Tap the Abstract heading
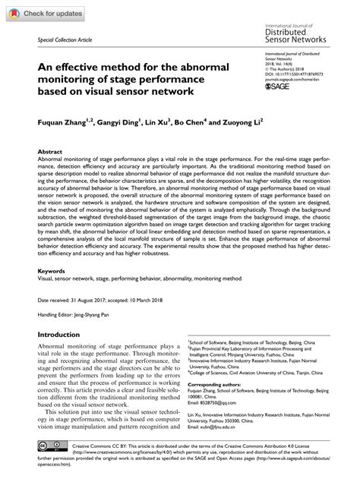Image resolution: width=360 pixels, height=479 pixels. (x=52, y=152)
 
